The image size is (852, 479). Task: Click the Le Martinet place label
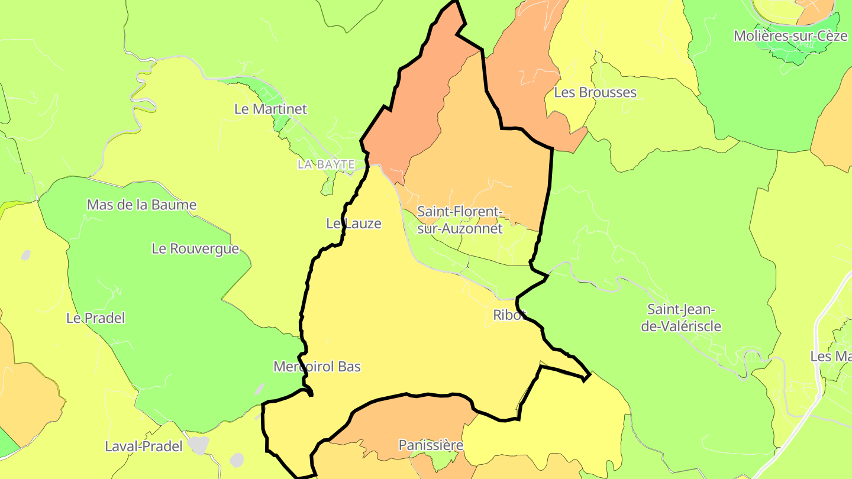pos(270,109)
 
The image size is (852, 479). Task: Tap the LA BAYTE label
pos(326,164)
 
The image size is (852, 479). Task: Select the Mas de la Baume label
pos(141,205)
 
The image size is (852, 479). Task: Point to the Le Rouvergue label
pos(195,249)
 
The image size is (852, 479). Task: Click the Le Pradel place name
pos(95,318)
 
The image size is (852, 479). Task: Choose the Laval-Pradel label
pos(144,446)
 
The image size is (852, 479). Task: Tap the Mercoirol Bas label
pos(317,367)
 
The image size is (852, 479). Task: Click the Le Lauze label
pos(353,224)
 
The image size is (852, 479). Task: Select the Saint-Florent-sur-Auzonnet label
pos(460,219)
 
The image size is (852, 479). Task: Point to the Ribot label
pos(509,315)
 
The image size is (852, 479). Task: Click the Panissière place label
pos(431,445)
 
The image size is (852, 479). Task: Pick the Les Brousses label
pos(595,92)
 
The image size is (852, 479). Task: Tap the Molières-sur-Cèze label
pos(790,35)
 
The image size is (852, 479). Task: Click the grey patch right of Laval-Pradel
pos(199,445)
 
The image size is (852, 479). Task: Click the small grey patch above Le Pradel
pos(25,255)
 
